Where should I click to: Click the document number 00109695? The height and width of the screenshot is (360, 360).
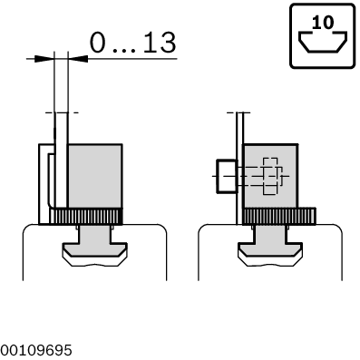[x=37, y=350]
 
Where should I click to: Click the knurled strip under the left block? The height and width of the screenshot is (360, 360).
[x=85, y=216]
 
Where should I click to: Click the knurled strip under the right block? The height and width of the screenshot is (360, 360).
[x=276, y=216]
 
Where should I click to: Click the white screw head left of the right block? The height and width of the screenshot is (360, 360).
[x=225, y=174]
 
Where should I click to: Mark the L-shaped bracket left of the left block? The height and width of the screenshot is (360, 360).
[x=44, y=181]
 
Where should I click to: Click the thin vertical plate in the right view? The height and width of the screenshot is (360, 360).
[x=239, y=172]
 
